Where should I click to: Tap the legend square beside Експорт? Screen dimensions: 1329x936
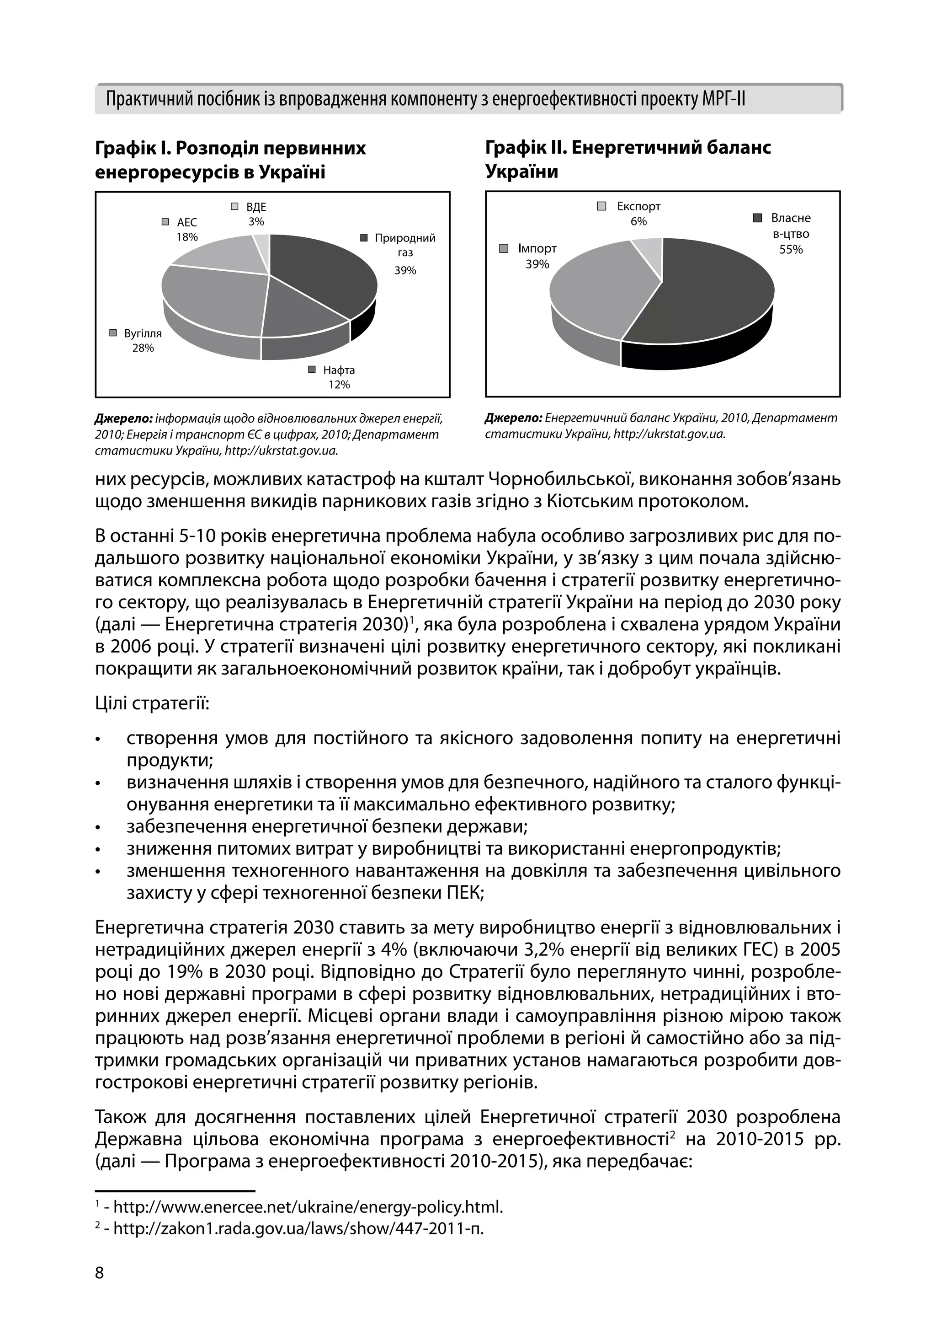pyautogui.click(x=601, y=206)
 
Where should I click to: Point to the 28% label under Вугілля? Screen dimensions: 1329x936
pyautogui.click(x=143, y=348)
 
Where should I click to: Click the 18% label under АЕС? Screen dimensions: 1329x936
pyautogui.click(x=187, y=237)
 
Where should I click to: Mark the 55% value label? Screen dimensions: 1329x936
pyautogui.click(x=791, y=250)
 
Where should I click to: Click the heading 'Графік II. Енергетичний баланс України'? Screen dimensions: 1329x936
pyautogui.click(x=628, y=159)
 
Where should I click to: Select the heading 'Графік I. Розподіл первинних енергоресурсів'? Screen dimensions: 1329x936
pyautogui.click(x=230, y=160)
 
